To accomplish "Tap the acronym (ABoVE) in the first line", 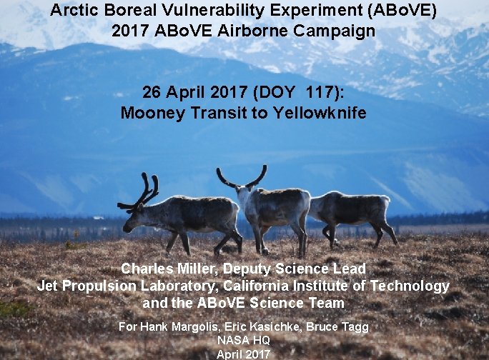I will pos(400,11).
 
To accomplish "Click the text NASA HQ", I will pos(244,340).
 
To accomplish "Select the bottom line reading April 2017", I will pos(244,353).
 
